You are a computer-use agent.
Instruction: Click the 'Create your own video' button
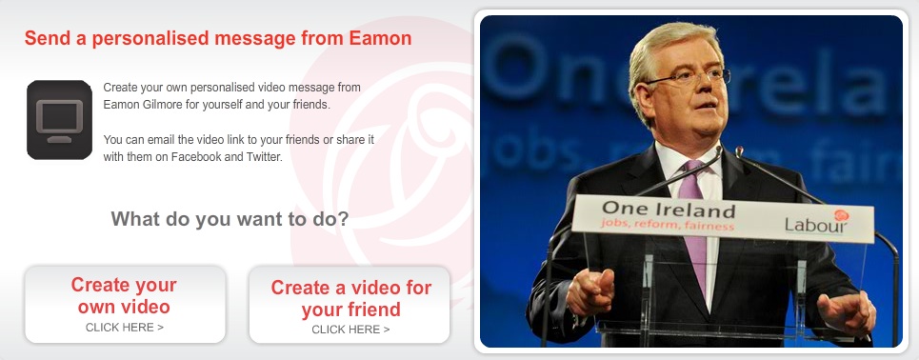click(x=125, y=305)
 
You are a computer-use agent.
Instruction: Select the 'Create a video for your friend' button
click(x=350, y=305)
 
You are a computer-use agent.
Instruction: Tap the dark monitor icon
click(x=59, y=120)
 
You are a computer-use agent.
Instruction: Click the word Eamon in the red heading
click(x=380, y=39)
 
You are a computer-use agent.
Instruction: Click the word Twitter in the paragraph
click(x=263, y=157)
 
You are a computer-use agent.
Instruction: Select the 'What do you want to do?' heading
click(x=230, y=219)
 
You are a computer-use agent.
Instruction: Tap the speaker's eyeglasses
click(x=689, y=77)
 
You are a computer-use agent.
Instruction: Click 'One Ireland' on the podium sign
click(x=669, y=209)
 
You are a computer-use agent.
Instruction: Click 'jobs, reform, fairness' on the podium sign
click(x=667, y=224)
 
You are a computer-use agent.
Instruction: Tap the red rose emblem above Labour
click(x=841, y=215)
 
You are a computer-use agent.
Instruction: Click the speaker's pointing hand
click(x=590, y=290)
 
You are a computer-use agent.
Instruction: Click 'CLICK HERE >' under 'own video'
click(x=125, y=328)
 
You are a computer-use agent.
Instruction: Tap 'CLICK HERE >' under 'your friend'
click(x=350, y=330)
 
